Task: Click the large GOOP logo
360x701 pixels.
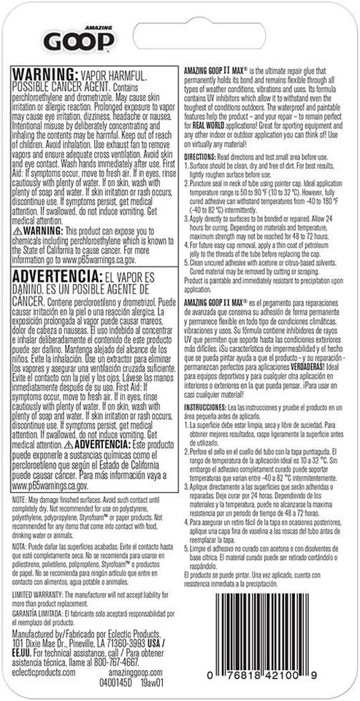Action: click(x=72, y=42)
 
